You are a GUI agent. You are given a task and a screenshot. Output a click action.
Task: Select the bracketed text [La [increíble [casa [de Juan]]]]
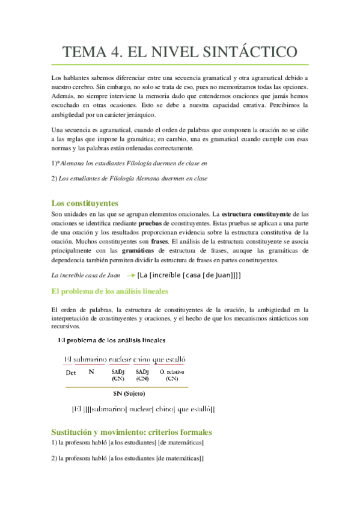point(189,275)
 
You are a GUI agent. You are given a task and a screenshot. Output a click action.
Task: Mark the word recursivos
point(68,327)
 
